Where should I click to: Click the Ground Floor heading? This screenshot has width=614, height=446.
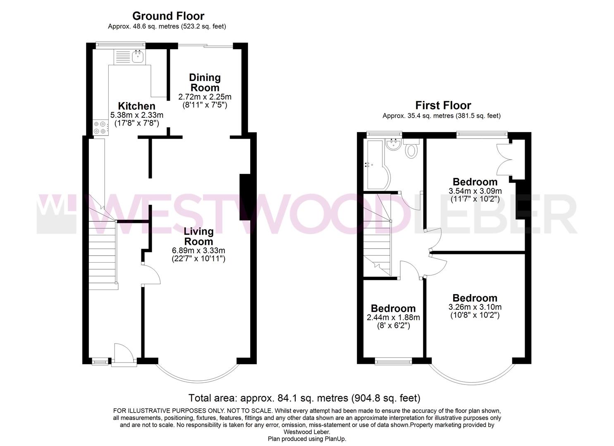pyautogui.click(x=168, y=16)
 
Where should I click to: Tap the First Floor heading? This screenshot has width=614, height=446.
pyautogui.click(x=443, y=105)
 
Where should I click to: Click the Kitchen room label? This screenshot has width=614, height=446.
pyautogui.click(x=136, y=106)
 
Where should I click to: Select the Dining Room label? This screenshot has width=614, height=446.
pyautogui.click(x=205, y=83)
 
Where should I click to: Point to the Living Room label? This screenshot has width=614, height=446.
pyautogui.click(x=198, y=236)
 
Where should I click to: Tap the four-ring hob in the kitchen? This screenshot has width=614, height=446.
pyautogui.click(x=100, y=127)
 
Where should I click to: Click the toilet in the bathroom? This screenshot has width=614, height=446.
pyautogui.click(x=411, y=149)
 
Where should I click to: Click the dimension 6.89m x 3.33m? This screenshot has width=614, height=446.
pyautogui.click(x=198, y=251)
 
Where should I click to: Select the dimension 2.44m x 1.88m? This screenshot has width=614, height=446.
pyautogui.click(x=393, y=318)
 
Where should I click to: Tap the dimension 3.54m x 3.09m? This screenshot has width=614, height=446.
pyautogui.click(x=475, y=191)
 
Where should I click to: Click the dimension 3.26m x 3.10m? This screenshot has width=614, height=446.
pyautogui.click(x=475, y=307)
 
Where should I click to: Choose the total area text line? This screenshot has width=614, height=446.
pyautogui.click(x=304, y=398)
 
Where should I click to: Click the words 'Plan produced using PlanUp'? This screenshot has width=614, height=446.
pyautogui.click(x=307, y=439)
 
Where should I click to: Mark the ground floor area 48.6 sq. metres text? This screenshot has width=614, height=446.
pyautogui.click(x=167, y=26)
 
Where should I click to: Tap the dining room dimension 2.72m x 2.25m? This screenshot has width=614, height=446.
pyautogui.click(x=205, y=97)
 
